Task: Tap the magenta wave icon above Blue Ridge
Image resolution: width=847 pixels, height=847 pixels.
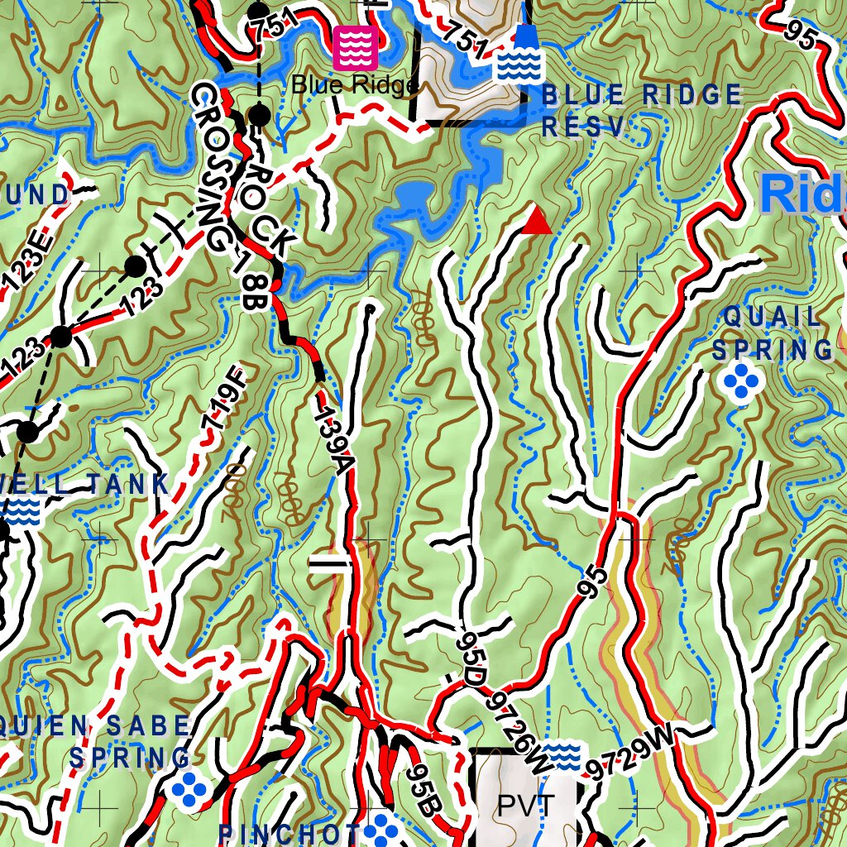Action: (x=356, y=47)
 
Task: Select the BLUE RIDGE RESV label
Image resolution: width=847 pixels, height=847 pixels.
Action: (x=642, y=110)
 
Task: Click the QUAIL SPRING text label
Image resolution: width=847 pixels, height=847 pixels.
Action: (x=773, y=333)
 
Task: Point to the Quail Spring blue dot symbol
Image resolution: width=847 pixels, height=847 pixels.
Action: (x=741, y=381)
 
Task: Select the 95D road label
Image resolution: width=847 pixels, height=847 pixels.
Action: (x=470, y=658)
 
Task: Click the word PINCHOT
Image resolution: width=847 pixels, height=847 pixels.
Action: (x=289, y=834)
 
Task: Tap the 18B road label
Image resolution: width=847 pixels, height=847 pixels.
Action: (x=249, y=287)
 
